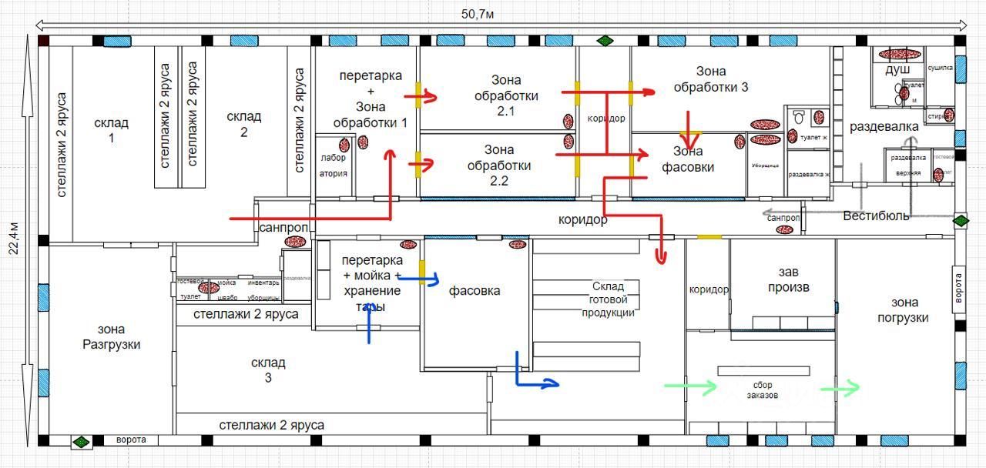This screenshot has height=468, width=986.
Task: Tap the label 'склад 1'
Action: pyautogui.click(x=111, y=130)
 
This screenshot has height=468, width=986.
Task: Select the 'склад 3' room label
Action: pyautogui.click(x=268, y=369)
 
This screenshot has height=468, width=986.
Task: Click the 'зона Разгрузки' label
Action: pyautogui.click(x=111, y=336)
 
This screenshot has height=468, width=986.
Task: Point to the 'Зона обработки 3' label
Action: pyautogui.click(x=710, y=79)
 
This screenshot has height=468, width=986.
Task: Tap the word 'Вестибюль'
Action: pyautogui.click(x=876, y=216)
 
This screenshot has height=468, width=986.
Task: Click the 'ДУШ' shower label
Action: pyautogui.click(x=897, y=70)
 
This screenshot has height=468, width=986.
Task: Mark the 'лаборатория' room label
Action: pyautogui.click(x=334, y=165)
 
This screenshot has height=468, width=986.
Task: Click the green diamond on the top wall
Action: pyautogui.click(x=606, y=40)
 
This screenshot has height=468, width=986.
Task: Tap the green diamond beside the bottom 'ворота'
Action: pyautogui.click(x=81, y=442)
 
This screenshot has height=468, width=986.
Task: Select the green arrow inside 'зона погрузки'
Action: pyautogui.click(x=840, y=389)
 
